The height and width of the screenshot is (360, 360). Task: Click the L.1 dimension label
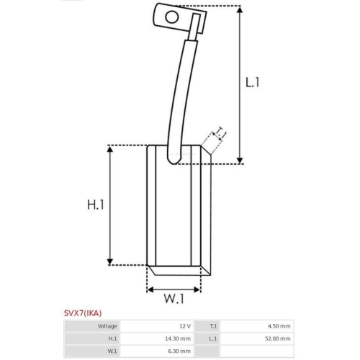253,82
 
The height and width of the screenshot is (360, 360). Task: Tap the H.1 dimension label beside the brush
96,205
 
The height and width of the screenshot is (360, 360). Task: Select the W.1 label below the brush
174,299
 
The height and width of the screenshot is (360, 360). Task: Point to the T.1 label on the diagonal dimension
221,132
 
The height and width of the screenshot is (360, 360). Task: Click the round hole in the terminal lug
172,17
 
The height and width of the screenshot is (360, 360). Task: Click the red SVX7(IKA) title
83,313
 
